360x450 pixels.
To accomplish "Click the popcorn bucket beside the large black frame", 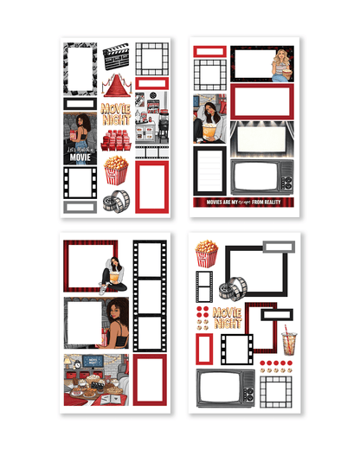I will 206,254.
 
